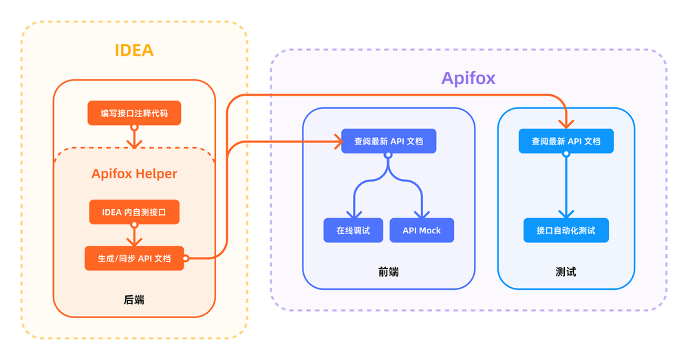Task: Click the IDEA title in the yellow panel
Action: (x=134, y=50)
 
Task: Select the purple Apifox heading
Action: (x=468, y=78)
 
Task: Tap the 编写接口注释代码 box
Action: (x=134, y=113)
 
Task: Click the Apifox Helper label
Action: (x=134, y=173)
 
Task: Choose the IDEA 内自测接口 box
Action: (x=134, y=212)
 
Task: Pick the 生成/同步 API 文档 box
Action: (x=134, y=258)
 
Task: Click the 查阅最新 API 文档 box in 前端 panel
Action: (x=388, y=141)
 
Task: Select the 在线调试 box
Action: (x=353, y=230)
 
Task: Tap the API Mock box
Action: (x=422, y=230)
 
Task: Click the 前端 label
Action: (x=388, y=272)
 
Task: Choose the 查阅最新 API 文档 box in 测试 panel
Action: (x=566, y=141)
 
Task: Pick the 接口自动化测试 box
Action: (x=566, y=230)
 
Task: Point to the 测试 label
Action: (x=566, y=272)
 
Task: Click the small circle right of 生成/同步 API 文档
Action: (x=186, y=258)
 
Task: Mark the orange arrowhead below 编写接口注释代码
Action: (x=134, y=142)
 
